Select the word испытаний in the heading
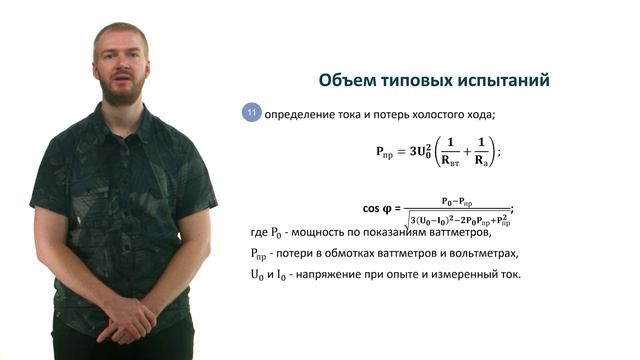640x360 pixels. coord(508,79)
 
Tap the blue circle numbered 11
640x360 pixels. coord(251,113)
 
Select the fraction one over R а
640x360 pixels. coord(481,151)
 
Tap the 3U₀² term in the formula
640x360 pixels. coord(414,151)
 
